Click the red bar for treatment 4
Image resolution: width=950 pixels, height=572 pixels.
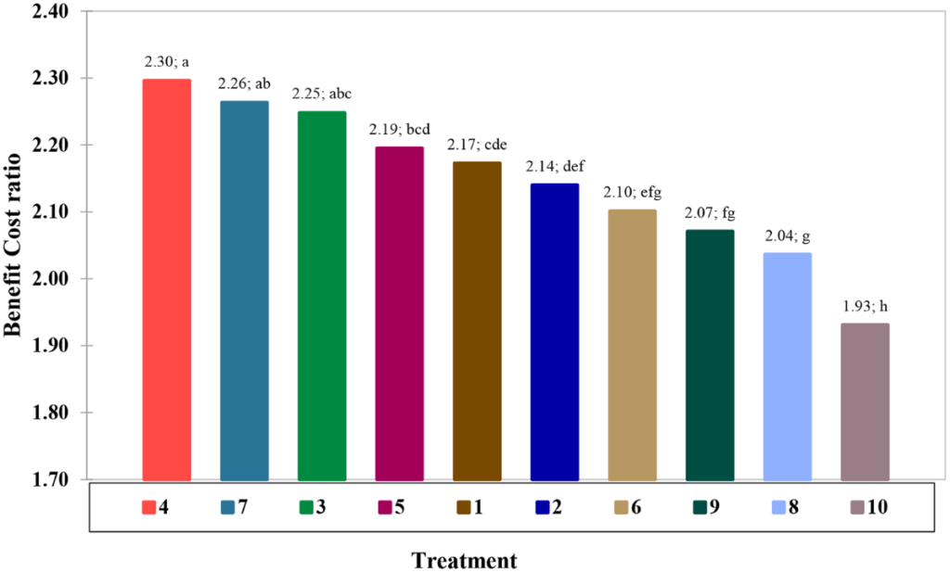tap(167, 278)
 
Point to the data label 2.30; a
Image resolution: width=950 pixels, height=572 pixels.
tap(167, 62)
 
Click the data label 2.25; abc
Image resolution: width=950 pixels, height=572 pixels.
tap(322, 94)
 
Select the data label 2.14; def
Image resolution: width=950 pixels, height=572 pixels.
tap(555, 166)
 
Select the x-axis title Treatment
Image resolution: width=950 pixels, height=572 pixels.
tap(464, 560)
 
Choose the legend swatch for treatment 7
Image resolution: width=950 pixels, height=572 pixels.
tap(225, 507)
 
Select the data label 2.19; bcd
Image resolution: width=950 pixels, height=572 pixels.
tap(399, 129)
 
